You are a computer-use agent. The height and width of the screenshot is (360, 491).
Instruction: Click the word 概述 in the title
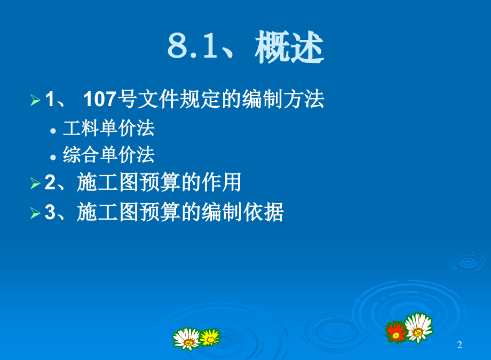coord(289,47)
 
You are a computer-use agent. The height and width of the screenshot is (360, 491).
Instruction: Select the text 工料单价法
coord(109,128)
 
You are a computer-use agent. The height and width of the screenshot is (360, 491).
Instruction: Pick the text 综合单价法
coord(109,155)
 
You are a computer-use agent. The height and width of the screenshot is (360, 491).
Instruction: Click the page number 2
coord(460,346)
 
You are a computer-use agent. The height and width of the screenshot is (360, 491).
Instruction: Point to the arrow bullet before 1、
coord(35,100)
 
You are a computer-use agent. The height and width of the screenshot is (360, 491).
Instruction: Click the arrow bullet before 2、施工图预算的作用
coord(35,183)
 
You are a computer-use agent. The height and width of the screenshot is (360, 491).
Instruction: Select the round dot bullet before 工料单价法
coord(53,130)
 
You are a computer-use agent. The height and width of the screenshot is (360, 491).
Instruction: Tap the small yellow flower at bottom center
coord(210,337)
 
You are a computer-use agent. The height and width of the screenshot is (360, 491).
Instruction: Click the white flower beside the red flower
coord(418,326)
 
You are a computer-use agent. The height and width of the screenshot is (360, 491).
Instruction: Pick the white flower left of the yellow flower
coord(186,338)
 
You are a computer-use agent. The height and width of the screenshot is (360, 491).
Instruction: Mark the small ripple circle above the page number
coord(467,261)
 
